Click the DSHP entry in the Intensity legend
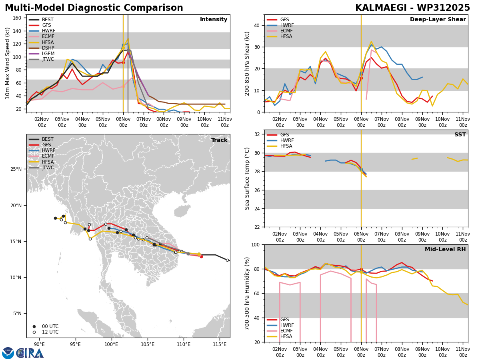pyautogui.click(x=48, y=48)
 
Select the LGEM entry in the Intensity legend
pyautogui.click(x=48, y=54)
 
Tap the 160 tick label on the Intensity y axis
pyautogui.click(x=17, y=18)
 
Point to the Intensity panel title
pyautogui.click(x=214, y=20)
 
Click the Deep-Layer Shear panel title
pyautogui.click(x=438, y=20)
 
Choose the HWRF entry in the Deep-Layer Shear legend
pyautogui.click(x=287, y=25)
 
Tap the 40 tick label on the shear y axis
pyautogui.click(x=257, y=25)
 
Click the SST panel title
pyautogui.click(x=460, y=135)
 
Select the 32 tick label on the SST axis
pyautogui.click(x=257, y=134)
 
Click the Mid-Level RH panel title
pyautogui.click(x=445, y=249)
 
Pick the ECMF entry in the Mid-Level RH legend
pyautogui.click(x=286, y=331)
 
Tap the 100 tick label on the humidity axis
pyautogui.click(x=256, y=245)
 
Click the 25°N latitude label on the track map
pyautogui.click(x=16, y=169)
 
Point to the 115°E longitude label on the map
pyautogui.click(x=220, y=344)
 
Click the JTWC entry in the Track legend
pyautogui.click(x=48, y=168)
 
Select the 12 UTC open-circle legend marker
pyautogui.click(x=34, y=332)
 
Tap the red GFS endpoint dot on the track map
pyautogui.click(x=201, y=257)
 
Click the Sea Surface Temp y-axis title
pyautogui.click(x=247, y=178)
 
